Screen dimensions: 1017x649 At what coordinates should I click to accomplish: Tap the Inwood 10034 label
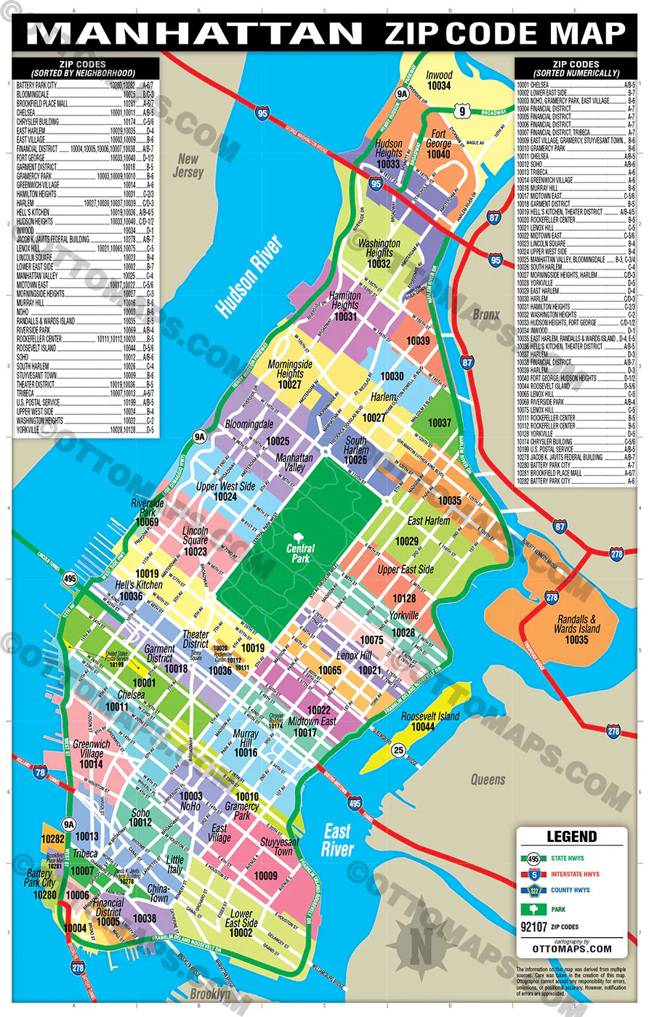point(439,80)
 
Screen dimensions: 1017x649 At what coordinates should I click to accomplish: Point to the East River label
point(337,840)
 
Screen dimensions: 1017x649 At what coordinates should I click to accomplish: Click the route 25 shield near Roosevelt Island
point(398,750)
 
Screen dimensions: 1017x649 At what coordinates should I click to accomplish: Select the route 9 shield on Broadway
point(461,110)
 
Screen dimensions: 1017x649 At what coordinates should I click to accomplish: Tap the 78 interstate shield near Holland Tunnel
point(40,772)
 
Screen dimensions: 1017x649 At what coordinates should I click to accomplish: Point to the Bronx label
point(486,315)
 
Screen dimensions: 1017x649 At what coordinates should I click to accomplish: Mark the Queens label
point(488,779)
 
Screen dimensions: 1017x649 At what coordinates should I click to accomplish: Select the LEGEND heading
point(571,836)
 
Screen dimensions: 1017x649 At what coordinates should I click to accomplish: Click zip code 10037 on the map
point(439,422)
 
